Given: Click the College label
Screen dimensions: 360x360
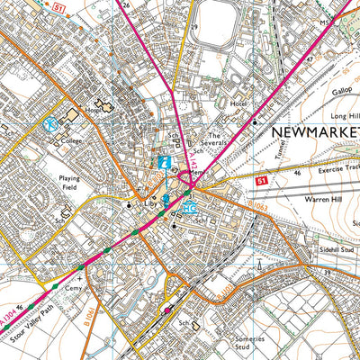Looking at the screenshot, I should pos(73,140).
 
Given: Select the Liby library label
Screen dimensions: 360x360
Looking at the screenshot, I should pos(150,204).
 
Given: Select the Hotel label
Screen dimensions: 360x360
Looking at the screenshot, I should pos(238,129).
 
